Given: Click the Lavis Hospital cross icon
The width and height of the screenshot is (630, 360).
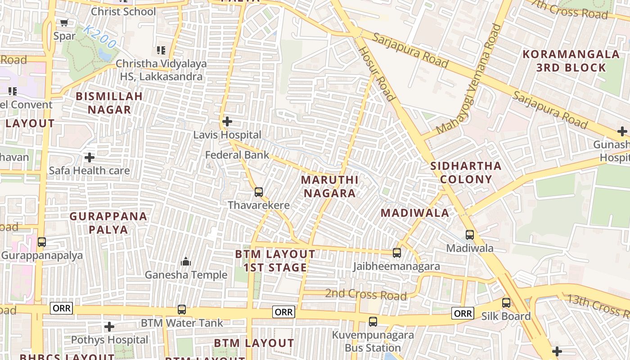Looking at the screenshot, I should tap(227, 121).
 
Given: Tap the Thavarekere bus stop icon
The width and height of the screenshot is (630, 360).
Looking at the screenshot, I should tap(259, 192).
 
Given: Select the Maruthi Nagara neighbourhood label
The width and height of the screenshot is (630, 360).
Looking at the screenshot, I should tap(329, 186).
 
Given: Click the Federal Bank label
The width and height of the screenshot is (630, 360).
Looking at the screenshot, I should tap(237, 155).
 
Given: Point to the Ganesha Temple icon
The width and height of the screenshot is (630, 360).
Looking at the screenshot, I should tap(185, 261).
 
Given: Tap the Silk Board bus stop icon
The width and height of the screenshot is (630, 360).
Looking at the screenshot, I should tap(506, 303).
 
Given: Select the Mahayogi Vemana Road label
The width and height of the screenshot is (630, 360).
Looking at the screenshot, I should tap(468, 79).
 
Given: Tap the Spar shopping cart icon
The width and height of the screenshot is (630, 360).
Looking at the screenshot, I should tap(64, 22).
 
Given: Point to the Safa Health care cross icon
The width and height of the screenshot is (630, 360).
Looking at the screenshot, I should tap(90, 157).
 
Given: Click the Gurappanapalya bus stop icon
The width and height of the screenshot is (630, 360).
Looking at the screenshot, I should tap(42, 242).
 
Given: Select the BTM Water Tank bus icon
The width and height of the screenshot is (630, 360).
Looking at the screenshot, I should tap(182, 310).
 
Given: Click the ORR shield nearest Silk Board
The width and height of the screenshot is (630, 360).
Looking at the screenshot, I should tap(463, 313).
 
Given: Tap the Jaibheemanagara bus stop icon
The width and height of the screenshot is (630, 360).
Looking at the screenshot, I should tap(397, 253).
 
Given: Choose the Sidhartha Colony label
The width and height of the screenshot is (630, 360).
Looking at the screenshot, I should tap(466, 172).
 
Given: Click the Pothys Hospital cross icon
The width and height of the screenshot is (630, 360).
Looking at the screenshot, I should tap(109, 327).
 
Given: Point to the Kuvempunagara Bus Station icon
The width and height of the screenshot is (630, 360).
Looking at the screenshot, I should tap(373, 322).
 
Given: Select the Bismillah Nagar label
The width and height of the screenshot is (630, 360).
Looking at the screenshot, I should tap(109, 103).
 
